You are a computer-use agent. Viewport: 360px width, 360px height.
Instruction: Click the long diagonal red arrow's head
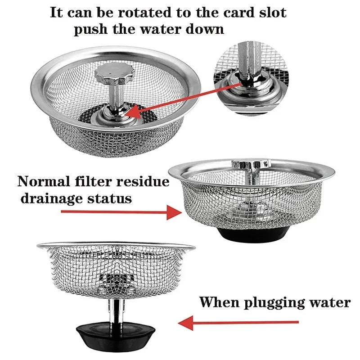(130, 112)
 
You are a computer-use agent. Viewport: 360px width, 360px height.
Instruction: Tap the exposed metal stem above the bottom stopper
(115, 310)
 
